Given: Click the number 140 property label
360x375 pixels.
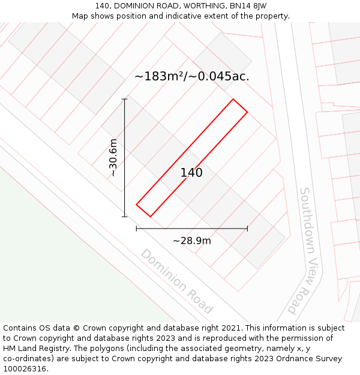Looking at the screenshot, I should pos(191,173).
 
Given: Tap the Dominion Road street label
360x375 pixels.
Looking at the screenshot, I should pos(176,281).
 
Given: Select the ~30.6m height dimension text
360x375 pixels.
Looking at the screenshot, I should pos(113,157).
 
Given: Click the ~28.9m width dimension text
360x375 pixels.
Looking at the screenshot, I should pos(192,241).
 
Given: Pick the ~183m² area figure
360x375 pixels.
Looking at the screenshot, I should pos(161,76).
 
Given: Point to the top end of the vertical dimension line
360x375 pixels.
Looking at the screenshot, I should pos(125,98).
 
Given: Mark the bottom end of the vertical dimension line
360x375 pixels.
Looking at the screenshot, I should pos(125,217).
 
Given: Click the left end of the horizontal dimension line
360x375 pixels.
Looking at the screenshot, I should pos(136,228).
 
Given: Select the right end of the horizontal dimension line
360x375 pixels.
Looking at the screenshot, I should pos(247,228).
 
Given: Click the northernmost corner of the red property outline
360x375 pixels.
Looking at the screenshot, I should pos(233,99).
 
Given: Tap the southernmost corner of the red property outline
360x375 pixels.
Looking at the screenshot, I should pos(149,217).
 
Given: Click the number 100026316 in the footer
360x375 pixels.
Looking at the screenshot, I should pos(25,369).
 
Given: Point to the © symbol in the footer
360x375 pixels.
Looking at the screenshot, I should pos(76,328).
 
